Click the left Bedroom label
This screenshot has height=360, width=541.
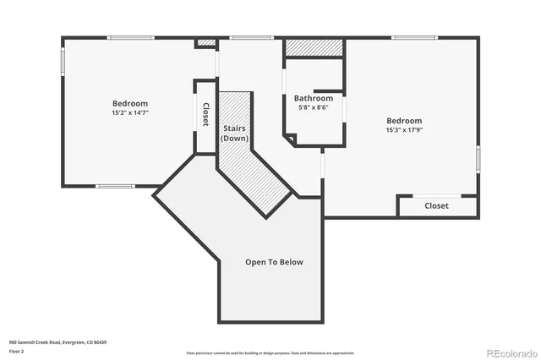[x=129, y=103]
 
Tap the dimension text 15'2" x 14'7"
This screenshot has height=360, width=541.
[x=129, y=112]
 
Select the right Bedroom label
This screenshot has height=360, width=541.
[x=404, y=121]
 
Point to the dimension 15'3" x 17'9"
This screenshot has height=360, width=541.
[x=404, y=130]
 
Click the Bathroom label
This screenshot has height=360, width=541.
[x=313, y=98]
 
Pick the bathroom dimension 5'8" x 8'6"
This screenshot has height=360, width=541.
[x=313, y=107]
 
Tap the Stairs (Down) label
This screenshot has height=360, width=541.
[x=234, y=133]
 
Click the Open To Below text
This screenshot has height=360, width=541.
[x=274, y=262]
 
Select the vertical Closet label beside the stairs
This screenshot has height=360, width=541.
[x=205, y=116]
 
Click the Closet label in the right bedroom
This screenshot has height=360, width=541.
[x=436, y=205]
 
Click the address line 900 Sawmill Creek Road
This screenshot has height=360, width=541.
[x=57, y=341]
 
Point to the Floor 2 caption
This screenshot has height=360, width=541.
[x=16, y=350]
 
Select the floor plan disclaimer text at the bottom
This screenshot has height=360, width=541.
[x=270, y=352]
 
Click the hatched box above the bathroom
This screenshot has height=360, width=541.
[x=314, y=47]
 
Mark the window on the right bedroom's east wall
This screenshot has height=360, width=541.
[x=478, y=159]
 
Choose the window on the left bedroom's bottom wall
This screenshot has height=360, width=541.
[x=115, y=186]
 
